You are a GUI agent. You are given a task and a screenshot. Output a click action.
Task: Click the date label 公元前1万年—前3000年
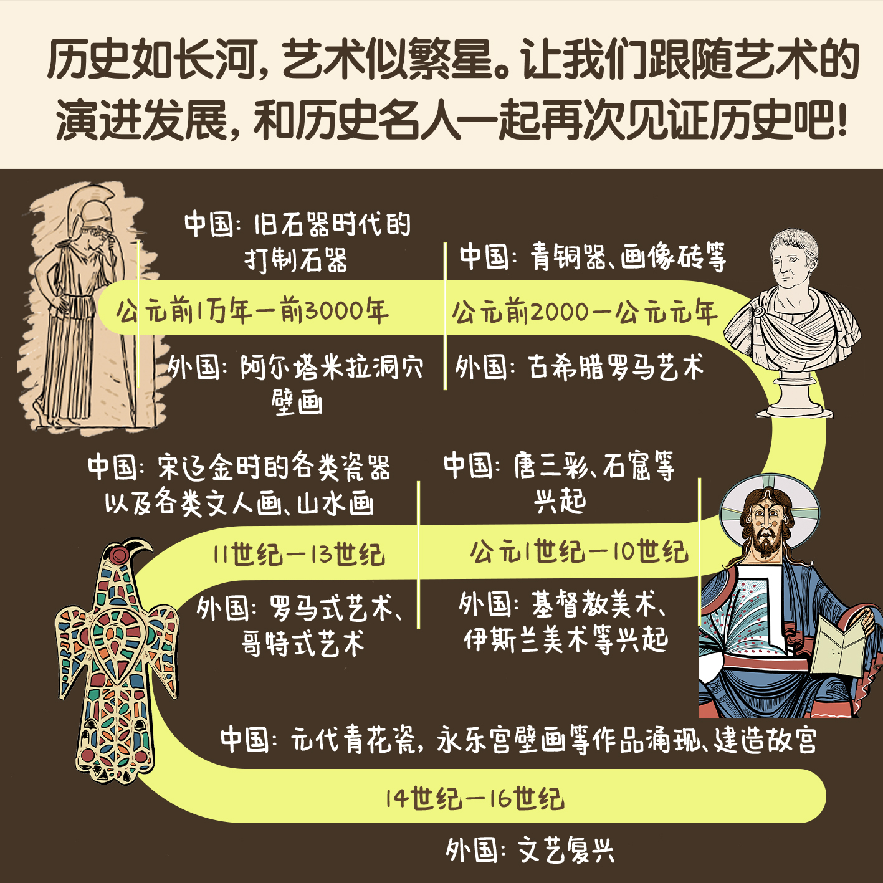[x=252, y=310]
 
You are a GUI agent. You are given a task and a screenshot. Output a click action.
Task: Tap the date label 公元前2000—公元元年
[x=585, y=312]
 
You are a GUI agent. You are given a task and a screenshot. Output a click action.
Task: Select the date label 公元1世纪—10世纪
[x=579, y=551]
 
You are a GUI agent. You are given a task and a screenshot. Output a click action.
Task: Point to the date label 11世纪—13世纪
[x=298, y=554]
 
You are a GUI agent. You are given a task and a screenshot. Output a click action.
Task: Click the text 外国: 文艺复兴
[x=530, y=850]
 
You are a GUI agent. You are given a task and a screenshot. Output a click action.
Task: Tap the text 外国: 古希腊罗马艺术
[x=580, y=367]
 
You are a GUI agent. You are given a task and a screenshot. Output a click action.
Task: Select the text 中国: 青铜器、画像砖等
[x=593, y=256]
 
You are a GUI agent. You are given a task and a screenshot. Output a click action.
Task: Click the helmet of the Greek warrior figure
[x=87, y=209]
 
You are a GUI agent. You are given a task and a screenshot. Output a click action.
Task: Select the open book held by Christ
[x=839, y=644]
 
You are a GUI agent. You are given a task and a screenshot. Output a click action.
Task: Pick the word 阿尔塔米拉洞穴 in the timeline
[x=331, y=368]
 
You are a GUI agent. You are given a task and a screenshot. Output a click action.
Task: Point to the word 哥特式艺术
[x=303, y=643]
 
